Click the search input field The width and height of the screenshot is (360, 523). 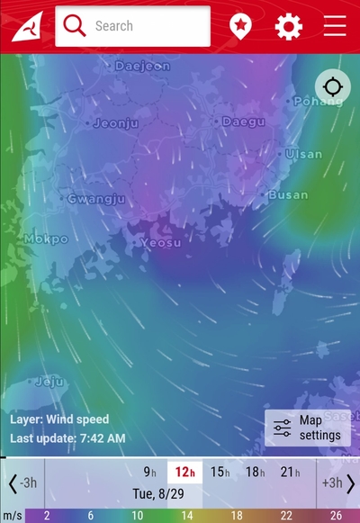pyautogui.click(x=132, y=26)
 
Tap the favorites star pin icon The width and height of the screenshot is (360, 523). pyautogui.click(x=240, y=26)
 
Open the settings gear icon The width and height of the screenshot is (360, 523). pyautogui.click(x=288, y=26)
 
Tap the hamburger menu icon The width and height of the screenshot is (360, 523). pyautogui.click(x=335, y=26)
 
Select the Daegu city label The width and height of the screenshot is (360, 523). pyautogui.click(x=243, y=121)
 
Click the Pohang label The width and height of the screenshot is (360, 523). pyautogui.click(x=319, y=102)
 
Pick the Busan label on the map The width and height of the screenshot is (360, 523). pyautogui.click(x=287, y=194)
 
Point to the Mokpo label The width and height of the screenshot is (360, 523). pyautogui.click(x=46, y=239)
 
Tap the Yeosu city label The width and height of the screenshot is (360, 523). pyautogui.click(x=160, y=243)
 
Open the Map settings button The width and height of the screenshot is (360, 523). pyautogui.click(x=308, y=428)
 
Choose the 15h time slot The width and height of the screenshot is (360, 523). pyautogui.click(x=220, y=472)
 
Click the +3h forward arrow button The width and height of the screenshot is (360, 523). pyautogui.click(x=338, y=483)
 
